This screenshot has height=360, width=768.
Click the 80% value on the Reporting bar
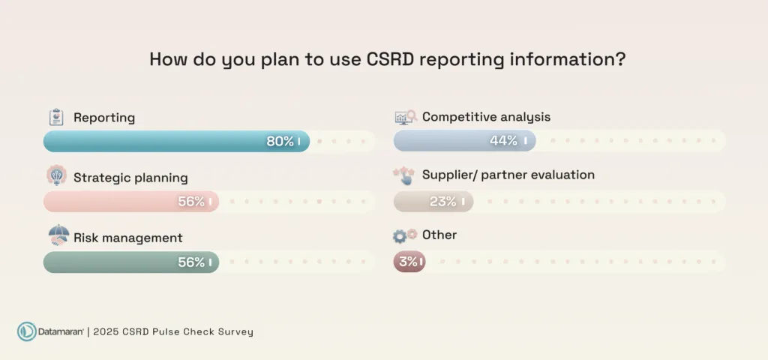click(x=280, y=141)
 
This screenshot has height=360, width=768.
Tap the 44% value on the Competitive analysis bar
click(x=504, y=141)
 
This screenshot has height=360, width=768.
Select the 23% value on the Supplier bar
click(x=443, y=201)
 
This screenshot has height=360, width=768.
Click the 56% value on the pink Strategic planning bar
click(x=191, y=201)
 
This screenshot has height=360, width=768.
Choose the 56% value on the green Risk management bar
click(x=191, y=262)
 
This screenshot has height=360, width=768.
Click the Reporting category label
click(x=104, y=118)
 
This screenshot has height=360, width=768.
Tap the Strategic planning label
click(x=130, y=178)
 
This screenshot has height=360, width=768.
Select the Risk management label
click(x=127, y=238)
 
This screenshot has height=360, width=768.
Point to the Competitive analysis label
click(x=486, y=117)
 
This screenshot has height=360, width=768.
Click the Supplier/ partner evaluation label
click(x=508, y=175)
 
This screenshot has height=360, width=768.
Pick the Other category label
click(x=439, y=235)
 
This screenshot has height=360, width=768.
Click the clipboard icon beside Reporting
click(x=55, y=118)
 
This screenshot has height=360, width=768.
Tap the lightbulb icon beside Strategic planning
click(x=56, y=176)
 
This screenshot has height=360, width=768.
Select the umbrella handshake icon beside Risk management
click(x=58, y=235)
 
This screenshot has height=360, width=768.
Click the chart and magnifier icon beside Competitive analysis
click(x=406, y=117)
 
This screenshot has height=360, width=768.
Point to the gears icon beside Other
click(x=405, y=235)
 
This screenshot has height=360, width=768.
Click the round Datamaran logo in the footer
click(x=27, y=331)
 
